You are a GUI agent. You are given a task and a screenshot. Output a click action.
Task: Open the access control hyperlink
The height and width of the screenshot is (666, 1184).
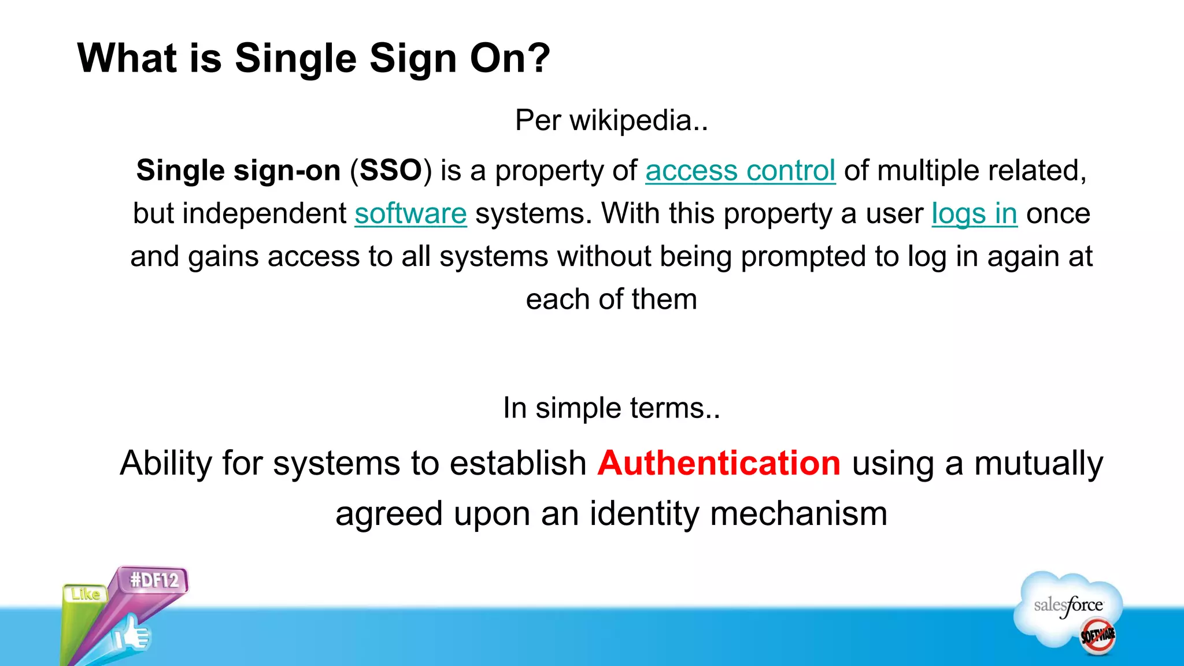740,171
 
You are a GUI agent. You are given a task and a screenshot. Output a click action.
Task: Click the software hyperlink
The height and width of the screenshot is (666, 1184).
410,213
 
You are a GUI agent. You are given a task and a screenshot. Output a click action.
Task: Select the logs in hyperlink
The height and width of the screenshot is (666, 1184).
974,213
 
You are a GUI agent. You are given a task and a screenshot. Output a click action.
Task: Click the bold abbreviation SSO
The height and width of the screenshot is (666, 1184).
391,171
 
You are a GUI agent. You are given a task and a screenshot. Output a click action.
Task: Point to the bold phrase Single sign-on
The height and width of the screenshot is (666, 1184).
238,171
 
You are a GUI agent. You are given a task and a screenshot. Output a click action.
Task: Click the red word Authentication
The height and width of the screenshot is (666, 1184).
719,463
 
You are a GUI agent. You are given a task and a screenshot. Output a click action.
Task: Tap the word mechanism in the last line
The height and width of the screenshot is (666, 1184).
798,513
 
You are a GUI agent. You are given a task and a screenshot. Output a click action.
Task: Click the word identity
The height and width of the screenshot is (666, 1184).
645,513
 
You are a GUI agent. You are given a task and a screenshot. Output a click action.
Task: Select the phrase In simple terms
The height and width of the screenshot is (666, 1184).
611,408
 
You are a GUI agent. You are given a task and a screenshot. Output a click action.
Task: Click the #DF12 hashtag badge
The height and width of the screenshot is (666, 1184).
154,580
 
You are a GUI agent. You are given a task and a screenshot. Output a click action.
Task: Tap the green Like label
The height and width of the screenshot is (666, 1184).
86,594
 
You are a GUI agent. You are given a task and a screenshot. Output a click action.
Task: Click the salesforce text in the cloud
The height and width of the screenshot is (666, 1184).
1068,605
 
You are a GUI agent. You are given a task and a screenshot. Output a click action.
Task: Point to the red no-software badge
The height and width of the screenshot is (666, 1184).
1098,636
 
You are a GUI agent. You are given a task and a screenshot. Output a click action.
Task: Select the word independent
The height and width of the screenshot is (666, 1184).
264,213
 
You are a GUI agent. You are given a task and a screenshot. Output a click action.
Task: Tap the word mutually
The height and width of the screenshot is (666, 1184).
1038,463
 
